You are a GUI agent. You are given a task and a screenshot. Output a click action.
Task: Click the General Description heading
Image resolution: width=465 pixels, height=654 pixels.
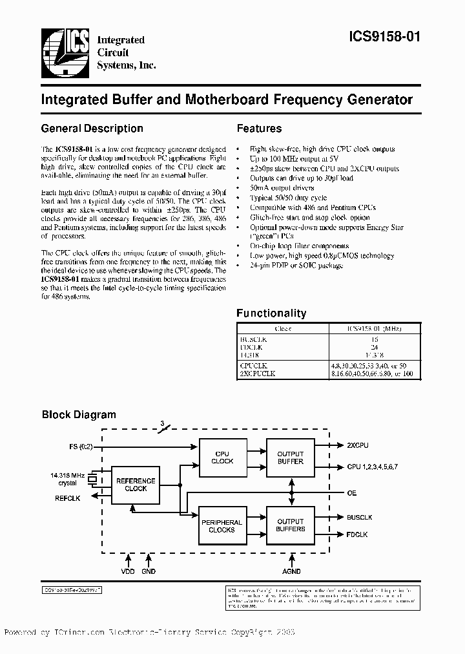tap(92, 129)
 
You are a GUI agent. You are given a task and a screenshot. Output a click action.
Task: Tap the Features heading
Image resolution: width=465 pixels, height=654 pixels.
tap(259, 129)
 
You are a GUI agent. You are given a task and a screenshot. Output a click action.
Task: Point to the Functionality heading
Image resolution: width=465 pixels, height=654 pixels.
tap(271, 313)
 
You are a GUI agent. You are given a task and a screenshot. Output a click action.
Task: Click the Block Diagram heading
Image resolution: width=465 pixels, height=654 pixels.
tap(79, 415)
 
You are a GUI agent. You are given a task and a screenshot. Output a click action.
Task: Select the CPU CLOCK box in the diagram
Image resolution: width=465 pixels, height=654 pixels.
tap(222, 458)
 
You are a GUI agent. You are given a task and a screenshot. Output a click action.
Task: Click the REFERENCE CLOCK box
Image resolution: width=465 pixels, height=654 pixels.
tap(136, 485)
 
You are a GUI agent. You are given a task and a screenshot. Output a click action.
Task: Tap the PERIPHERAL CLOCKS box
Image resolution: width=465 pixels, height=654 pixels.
tap(222, 525)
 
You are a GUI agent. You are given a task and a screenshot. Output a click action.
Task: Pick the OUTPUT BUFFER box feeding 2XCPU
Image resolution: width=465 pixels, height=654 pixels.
tap(290, 458)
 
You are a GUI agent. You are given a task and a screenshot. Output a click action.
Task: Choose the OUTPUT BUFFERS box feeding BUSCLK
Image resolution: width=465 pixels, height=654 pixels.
tap(290, 525)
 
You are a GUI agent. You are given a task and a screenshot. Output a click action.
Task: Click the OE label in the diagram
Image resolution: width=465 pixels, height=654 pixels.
tap(351, 492)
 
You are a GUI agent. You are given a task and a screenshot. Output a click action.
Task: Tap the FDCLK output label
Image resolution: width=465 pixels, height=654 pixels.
tap(356, 534)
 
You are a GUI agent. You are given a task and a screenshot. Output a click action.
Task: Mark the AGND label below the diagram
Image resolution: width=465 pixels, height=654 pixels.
tap(291, 571)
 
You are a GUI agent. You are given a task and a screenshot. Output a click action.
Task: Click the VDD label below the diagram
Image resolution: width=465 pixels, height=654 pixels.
tap(128, 571)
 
